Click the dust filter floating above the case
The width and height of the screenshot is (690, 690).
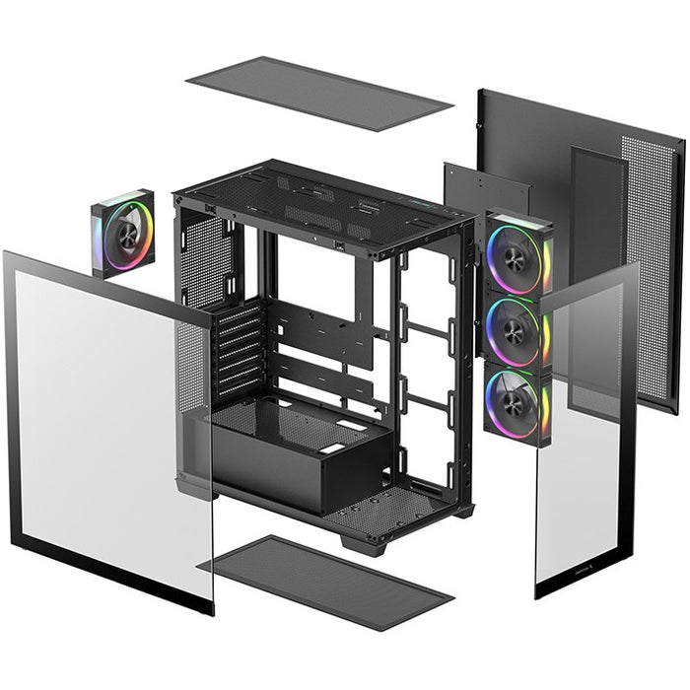click(318, 95)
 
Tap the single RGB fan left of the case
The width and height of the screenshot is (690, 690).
click(124, 233)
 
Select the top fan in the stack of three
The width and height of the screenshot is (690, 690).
click(517, 255)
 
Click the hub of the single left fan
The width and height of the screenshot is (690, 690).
click(126, 233)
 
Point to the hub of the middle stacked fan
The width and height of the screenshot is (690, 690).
click(515, 330)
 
